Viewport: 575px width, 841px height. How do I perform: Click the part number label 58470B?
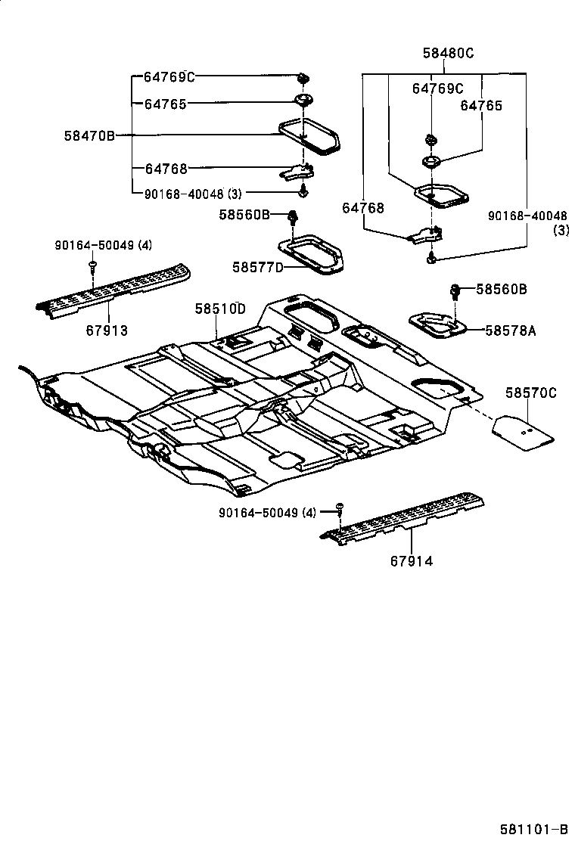pos(89,136)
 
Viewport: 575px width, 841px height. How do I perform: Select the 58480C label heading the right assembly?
pos(448,53)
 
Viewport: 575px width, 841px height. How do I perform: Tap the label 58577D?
pos(257,267)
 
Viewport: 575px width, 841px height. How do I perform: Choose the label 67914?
pos(412,561)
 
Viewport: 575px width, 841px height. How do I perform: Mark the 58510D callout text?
pos(220,309)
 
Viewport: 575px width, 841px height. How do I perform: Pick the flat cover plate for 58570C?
pos(524,431)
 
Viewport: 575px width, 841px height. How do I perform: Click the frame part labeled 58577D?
pos(311,254)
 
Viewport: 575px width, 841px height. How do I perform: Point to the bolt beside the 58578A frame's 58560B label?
pos(457,290)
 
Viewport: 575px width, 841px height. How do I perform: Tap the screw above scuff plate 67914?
pos(340,507)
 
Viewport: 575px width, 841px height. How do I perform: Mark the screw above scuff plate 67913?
pos(92,264)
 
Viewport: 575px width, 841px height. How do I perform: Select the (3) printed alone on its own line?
pos(561,230)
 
